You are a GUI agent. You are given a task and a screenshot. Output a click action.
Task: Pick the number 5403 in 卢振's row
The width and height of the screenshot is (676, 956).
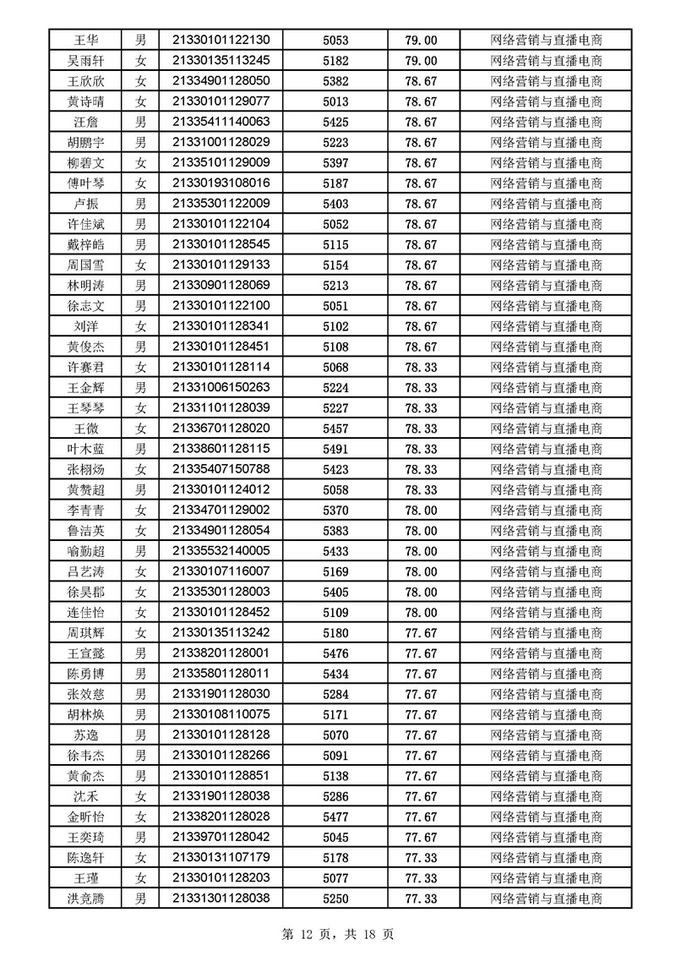coord(335,204)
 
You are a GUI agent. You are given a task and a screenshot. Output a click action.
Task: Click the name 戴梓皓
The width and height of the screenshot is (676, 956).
coord(85,244)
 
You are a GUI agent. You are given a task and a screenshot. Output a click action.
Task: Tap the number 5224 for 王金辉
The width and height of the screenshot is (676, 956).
coord(335,387)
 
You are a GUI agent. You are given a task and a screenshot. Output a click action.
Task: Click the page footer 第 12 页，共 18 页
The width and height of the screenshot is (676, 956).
coord(337,934)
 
